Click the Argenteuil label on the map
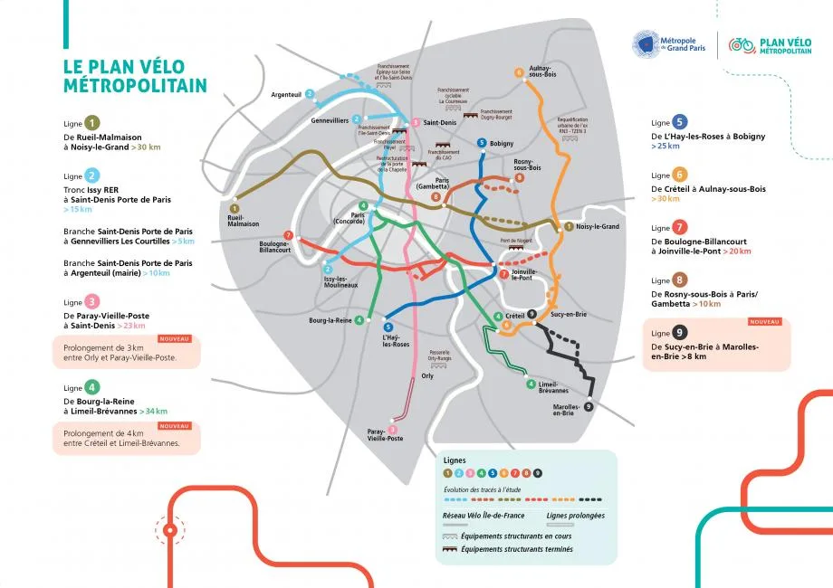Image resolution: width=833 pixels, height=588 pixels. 287,94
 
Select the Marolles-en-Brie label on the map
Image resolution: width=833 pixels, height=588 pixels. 563,410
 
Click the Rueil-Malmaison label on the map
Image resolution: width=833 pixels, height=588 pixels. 243,220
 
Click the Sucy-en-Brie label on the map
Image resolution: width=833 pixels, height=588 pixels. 568,314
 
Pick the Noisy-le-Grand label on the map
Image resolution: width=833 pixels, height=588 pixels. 597,227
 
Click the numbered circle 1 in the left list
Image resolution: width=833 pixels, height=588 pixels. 92,123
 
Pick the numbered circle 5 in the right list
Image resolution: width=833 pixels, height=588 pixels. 680,122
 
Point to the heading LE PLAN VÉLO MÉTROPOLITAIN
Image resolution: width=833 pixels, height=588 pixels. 135,76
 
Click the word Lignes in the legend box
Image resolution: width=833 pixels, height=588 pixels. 455,460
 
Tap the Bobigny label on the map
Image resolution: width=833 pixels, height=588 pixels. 501,144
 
